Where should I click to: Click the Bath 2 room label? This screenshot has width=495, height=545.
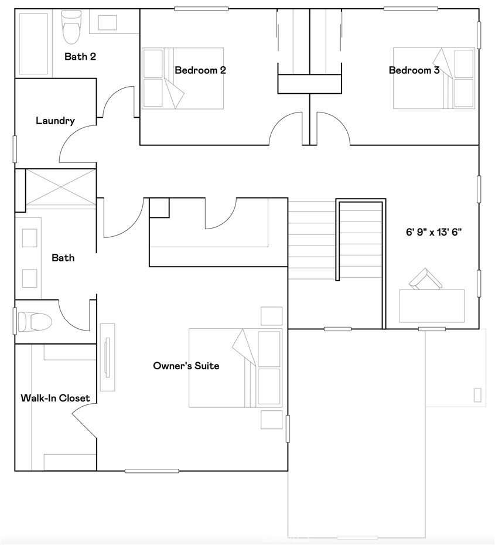[80, 56]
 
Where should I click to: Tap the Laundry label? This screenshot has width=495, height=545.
[55, 121]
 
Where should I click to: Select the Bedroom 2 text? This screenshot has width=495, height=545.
[200, 70]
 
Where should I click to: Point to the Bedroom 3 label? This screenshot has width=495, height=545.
[414, 70]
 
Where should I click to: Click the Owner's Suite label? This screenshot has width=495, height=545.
[186, 366]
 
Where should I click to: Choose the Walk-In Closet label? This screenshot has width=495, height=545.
[55, 398]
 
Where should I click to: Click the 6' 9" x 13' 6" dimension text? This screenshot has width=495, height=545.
[434, 232]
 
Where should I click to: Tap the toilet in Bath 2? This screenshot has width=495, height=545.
[72, 27]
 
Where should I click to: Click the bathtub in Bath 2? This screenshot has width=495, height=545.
[33, 44]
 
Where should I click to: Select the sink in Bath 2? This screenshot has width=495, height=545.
[107, 23]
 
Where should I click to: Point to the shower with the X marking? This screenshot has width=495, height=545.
[61, 187]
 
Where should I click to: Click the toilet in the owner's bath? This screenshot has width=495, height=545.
[35, 322]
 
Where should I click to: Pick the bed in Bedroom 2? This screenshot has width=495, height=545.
[183, 79]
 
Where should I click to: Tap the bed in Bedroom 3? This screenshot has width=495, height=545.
[434, 79]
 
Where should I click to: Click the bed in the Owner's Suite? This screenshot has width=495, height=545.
[235, 368]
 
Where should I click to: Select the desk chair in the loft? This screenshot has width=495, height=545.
[425, 279]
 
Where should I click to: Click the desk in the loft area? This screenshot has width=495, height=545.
[432, 306]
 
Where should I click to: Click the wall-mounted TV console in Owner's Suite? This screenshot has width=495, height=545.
[107, 357]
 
